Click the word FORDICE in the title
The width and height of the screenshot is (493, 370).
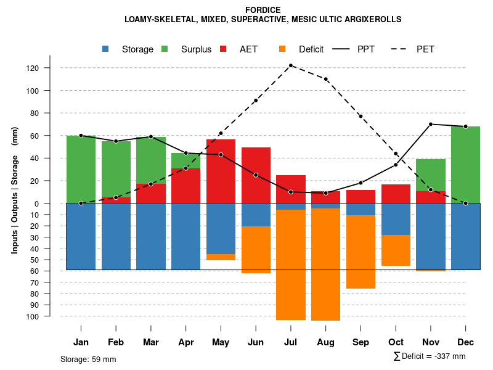[x=263, y=10]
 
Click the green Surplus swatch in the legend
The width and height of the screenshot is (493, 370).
[x=165, y=49]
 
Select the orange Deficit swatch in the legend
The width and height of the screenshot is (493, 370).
[x=282, y=49]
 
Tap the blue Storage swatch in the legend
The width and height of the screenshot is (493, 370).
[x=106, y=49]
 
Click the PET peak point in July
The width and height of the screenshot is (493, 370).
[x=291, y=65]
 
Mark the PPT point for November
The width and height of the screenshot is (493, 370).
[x=431, y=124]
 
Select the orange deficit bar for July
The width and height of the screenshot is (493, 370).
[x=291, y=265]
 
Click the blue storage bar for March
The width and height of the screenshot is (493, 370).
[x=151, y=236]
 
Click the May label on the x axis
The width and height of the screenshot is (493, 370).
[x=221, y=342]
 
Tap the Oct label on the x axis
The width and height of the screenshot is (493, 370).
[x=396, y=342]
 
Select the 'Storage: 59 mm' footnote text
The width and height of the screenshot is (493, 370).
[x=88, y=359]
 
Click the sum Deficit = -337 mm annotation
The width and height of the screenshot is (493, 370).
[x=429, y=356]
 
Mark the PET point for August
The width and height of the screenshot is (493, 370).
[x=325, y=79]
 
